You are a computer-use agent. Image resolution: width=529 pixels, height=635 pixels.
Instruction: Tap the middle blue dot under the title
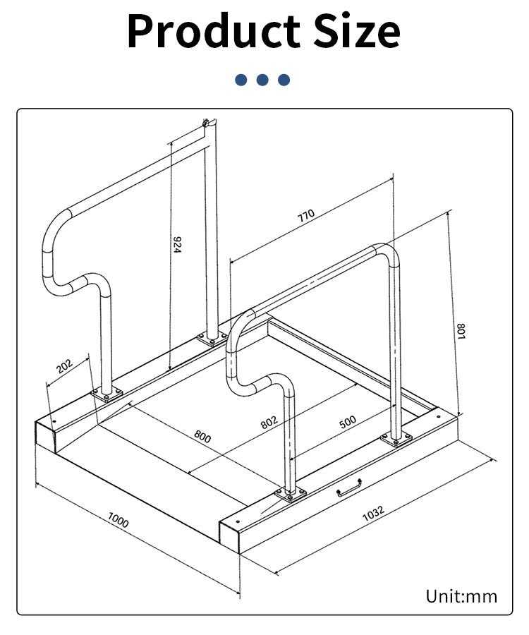(262, 80)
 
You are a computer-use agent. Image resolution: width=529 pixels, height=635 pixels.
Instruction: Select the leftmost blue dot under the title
(241, 80)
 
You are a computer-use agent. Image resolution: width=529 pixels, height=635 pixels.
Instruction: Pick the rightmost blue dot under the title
(284, 80)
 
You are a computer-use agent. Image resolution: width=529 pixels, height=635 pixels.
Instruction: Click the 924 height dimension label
(178, 245)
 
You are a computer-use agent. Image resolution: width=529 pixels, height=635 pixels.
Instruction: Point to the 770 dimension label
(305, 217)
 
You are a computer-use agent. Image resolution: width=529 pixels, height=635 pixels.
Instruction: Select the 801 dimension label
(460, 330)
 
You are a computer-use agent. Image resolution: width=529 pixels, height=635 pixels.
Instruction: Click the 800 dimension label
(202, 437)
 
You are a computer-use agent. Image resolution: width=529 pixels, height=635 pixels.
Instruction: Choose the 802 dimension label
(269, 422)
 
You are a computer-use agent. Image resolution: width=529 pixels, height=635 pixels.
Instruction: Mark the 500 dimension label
(348, 422)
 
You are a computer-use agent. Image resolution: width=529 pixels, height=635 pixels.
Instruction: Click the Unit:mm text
(461, 597)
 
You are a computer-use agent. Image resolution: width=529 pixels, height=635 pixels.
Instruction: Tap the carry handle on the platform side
(349, 489)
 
